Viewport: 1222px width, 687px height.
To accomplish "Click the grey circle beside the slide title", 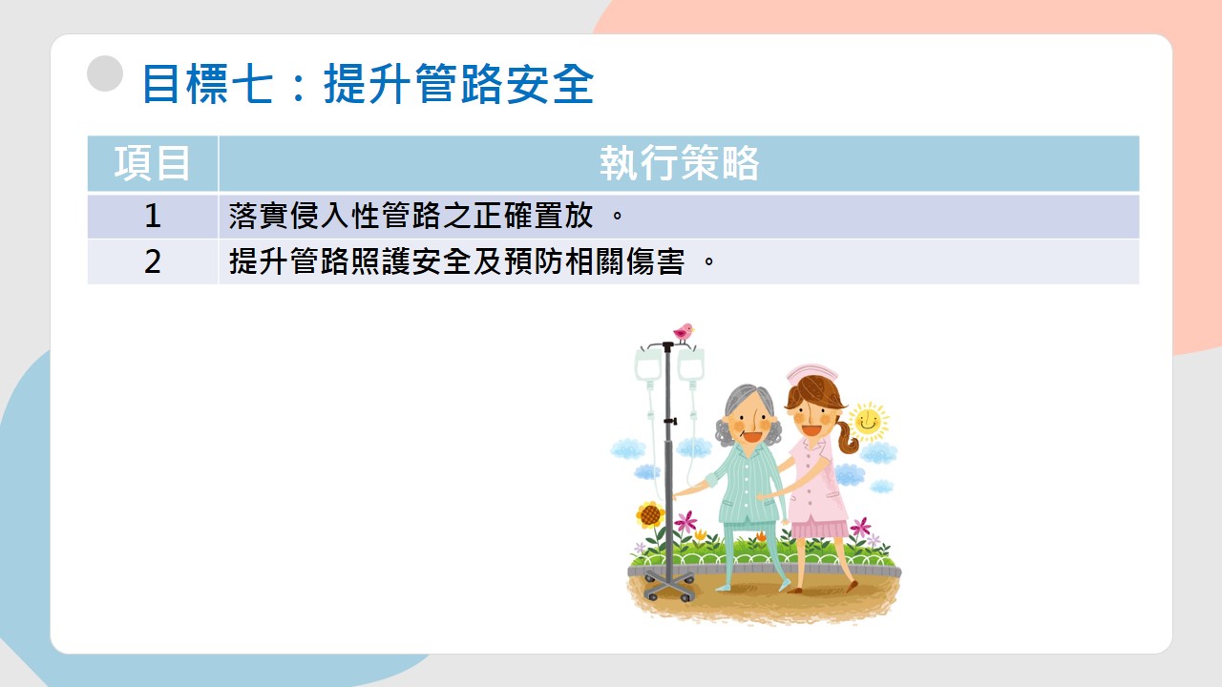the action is pos(105,73).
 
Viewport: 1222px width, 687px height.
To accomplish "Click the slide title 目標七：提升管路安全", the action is pos(369,83).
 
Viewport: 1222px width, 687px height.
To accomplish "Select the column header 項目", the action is pos(152,163).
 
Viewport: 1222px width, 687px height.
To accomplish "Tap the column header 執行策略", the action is pos(679,163).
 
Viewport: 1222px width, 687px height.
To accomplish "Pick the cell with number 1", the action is pos(153,216).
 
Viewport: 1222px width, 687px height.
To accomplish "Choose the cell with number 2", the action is pos(153,261).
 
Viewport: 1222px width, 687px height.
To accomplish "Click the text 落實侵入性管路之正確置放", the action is pos(411,216).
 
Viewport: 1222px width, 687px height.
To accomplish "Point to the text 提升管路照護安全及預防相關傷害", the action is pos(456,261).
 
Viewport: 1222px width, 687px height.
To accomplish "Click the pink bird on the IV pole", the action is pos(683,332).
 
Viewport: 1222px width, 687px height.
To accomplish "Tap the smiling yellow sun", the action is pos(869,422).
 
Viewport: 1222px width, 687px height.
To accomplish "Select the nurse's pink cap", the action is pos(811,373).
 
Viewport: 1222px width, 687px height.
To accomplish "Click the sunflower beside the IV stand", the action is pos(650,514).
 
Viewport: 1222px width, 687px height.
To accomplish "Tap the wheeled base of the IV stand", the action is pos(669,586).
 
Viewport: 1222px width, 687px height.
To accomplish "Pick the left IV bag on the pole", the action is pos(647,364).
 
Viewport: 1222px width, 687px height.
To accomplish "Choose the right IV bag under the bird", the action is pos(690,364).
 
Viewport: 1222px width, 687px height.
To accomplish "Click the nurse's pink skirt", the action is pos(819,529).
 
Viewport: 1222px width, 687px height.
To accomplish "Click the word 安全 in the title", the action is pos(550,83).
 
